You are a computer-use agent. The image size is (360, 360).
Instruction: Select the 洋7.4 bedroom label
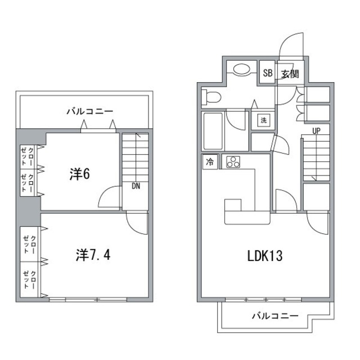(x=93, y=256)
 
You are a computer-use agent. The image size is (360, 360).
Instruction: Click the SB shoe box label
(x=268, y=73)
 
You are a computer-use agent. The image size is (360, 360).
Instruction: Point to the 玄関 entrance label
(x=290, y=74)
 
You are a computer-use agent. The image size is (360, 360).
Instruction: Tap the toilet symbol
(x=212, y=97)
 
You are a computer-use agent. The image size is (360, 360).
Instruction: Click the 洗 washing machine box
(x=263, y=120)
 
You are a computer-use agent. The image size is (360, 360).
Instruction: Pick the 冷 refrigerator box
(x=210, y=163)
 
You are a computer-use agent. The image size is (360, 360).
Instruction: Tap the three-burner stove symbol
(x=232, y=163)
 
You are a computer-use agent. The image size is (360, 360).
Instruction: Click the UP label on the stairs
(x=317, y=131)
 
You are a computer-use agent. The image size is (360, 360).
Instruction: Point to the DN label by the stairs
(x=136, y=187)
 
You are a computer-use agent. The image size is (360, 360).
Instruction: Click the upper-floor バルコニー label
(x=90, y=111)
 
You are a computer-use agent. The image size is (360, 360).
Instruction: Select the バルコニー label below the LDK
(x=274, y=316)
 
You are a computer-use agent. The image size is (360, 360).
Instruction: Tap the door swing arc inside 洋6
(x=108, y=197)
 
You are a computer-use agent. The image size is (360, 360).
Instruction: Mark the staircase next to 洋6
(x=135, y=157)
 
